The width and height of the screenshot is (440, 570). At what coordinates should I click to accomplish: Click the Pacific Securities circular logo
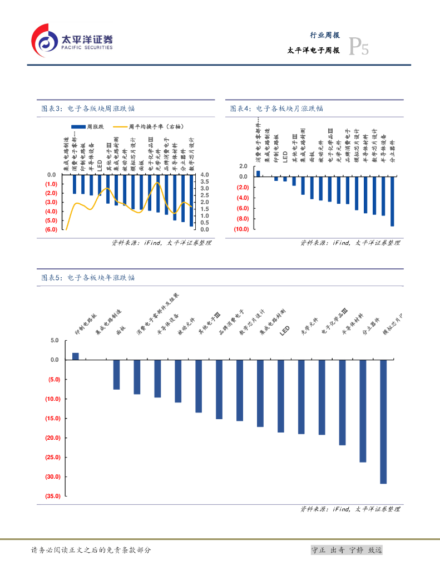pyautogui.click(x=45, y=40)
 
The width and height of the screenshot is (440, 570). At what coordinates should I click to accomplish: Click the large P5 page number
pyautogui.click(x=358, y=48)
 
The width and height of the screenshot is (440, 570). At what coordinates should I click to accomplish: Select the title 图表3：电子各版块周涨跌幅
pyautogui.click(x=88, y=109)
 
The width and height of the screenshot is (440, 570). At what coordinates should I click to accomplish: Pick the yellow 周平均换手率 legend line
pyautogui.click(x=120, y=127)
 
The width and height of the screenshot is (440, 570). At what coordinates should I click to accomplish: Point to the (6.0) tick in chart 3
pyautogui.click(x=51, y=229)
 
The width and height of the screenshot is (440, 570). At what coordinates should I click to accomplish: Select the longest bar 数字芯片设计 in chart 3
pyautogui.click(x=191, y=200)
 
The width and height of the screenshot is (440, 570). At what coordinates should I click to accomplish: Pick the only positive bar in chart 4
pyautogui.click(x=258, y=173)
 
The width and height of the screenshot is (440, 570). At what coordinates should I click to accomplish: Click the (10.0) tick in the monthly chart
pyautogui.click(x=240, y=229)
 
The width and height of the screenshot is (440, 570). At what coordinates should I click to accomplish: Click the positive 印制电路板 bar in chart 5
pyautogui.click(x=76, y=356)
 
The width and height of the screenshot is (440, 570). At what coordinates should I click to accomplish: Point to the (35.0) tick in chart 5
pyautogui.click(x=51, y=496)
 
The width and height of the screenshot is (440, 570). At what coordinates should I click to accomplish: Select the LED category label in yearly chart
pyautogui.click(x=285, y=331)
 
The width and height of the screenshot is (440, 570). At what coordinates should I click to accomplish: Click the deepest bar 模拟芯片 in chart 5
pyautogui.click(x=383, y=421)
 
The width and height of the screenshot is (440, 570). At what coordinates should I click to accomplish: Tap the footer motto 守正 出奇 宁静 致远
pyautogui.click(x=347, y=550)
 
